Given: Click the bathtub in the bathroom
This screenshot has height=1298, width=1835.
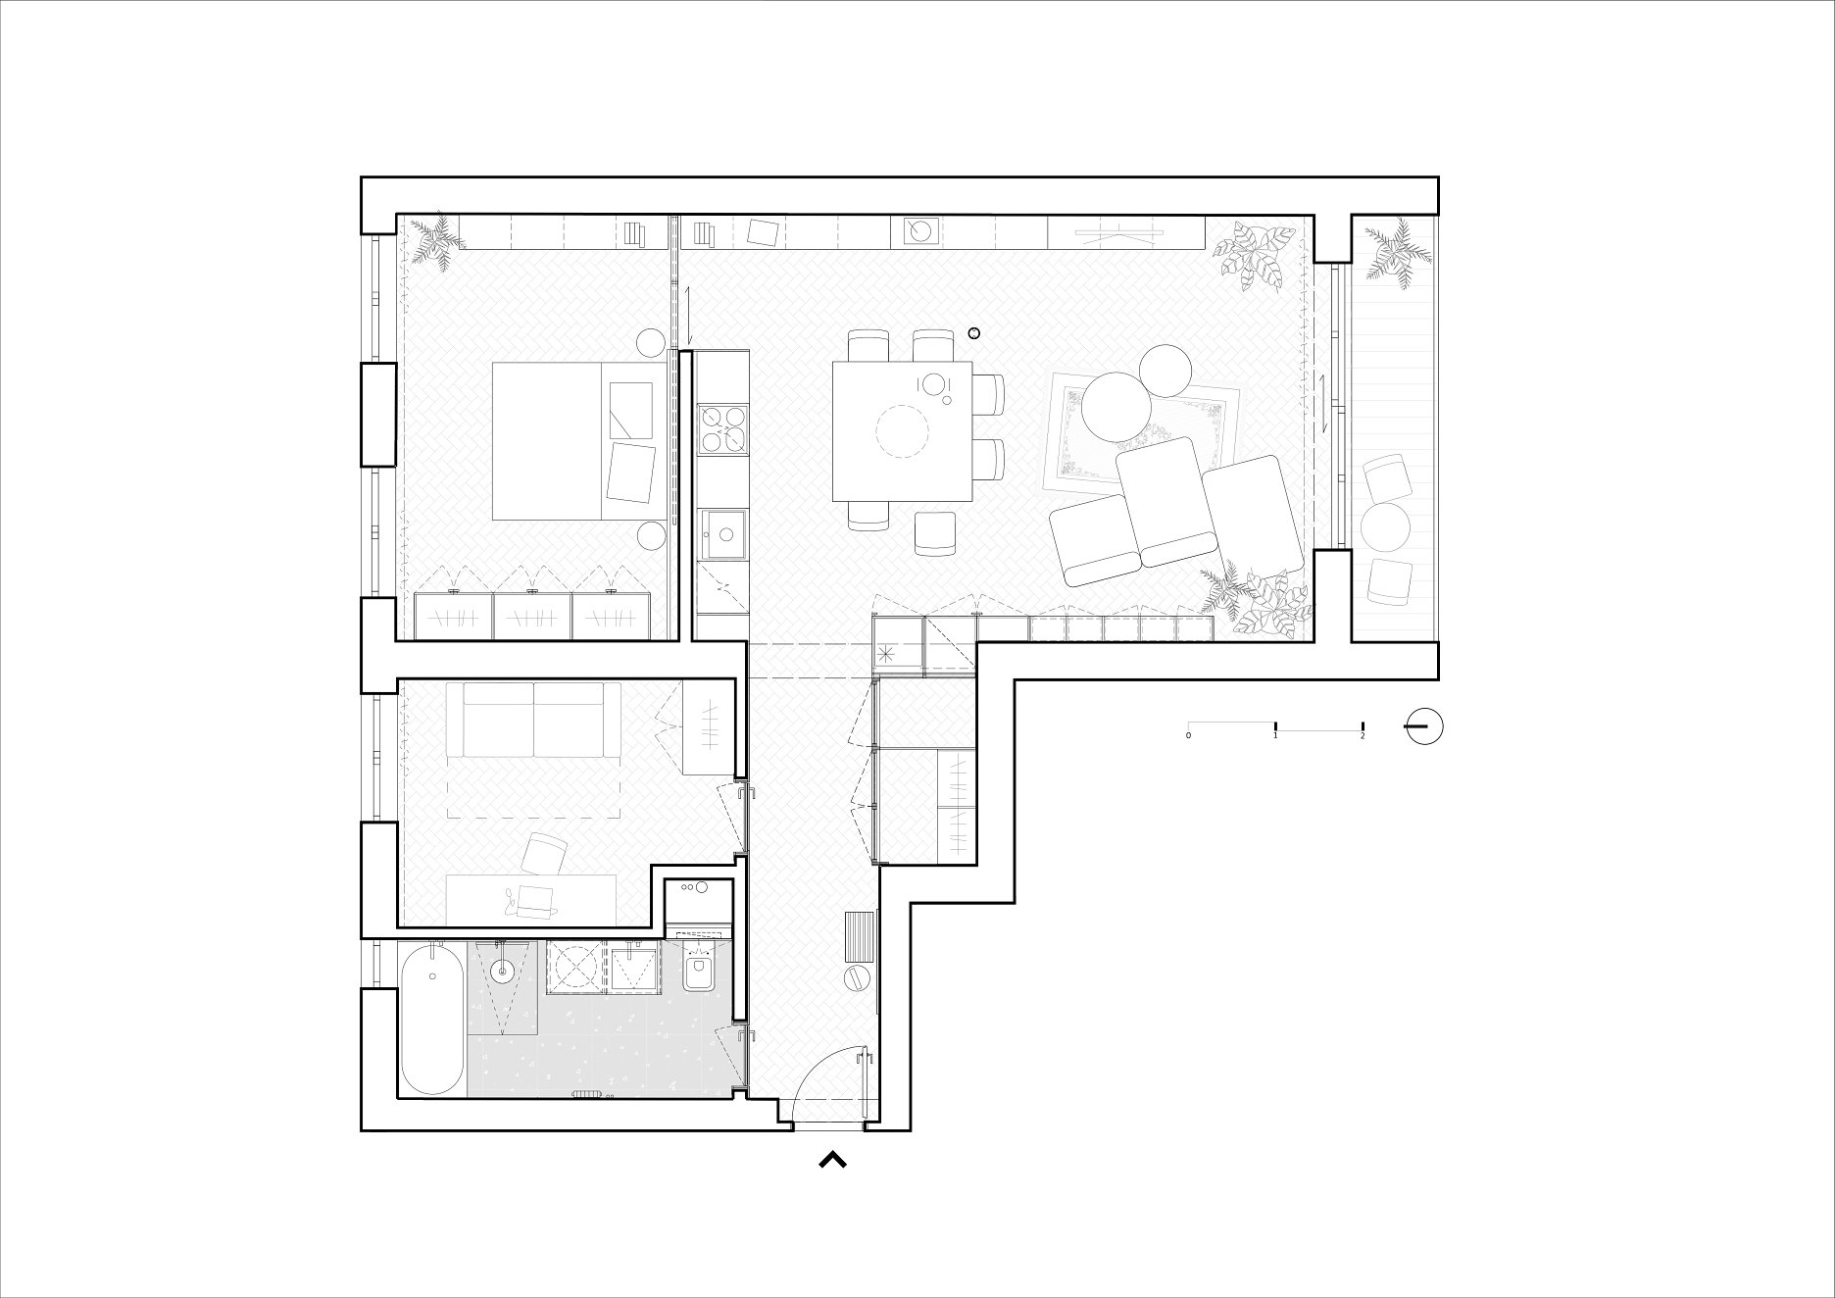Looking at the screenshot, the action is pyautogui.click(x=432, y=1020).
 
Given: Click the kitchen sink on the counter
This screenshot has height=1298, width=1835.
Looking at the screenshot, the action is pyautogui.click(x=721, y=535).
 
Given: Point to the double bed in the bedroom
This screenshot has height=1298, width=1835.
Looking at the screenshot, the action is pyautogui.click(x=572, y=440).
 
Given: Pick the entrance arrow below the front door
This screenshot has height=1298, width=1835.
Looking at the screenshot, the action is pyautogui.click(x=832, y=1161).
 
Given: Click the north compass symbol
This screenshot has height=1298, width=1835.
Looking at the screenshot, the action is pyautogui.click(x=1424, y=726).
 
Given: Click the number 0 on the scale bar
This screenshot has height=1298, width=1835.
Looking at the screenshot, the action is pyautogui.click(x=1188, y=735).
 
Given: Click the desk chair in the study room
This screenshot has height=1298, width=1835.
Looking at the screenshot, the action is pyautogui.click(x=545, y=853).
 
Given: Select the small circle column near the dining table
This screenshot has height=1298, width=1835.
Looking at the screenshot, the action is pyautogui.click(x=973, y=333).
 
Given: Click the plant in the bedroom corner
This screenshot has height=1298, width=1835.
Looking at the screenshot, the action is pyautogui.click(x=434, y=240).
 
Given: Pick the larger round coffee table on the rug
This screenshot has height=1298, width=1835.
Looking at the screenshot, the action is pyautogui.click(x=1116, y=408).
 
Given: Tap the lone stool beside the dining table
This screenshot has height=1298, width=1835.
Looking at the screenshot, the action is pyautogui.click(x=935, y=533).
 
